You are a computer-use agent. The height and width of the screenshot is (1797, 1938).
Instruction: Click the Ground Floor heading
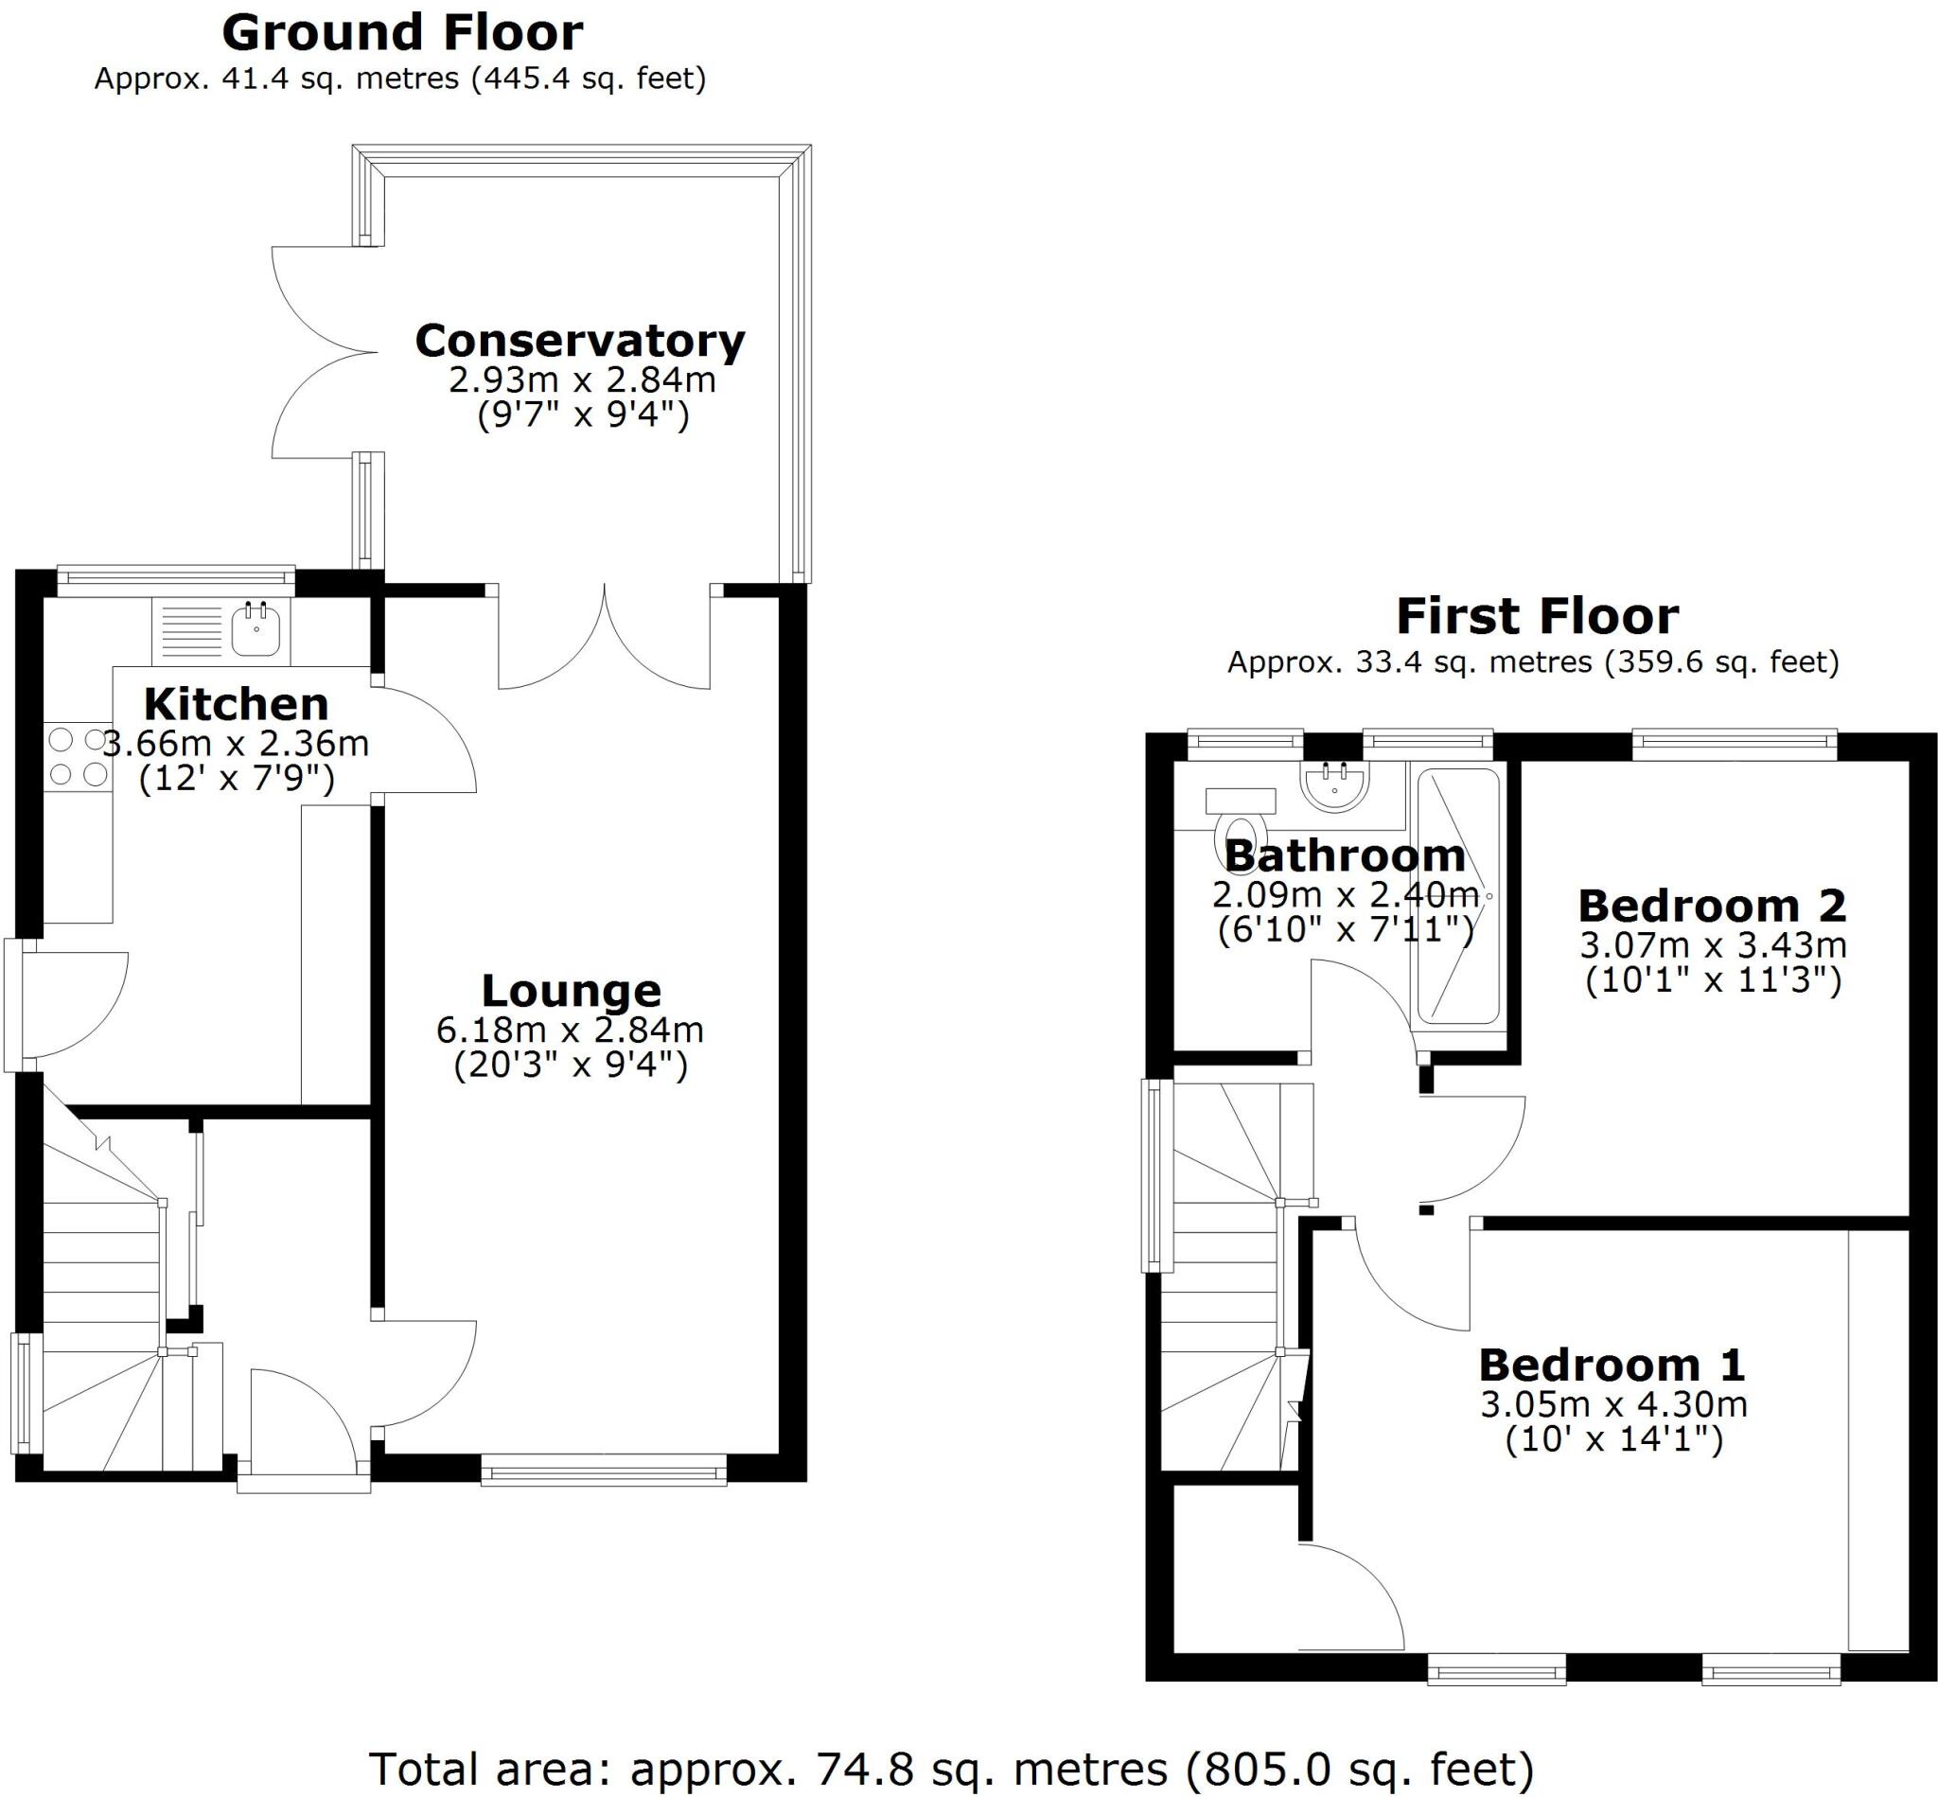pyautogui.click(x=401, y=33)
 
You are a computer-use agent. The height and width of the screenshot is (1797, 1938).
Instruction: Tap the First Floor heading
pyautogui.click(x=1537, y=616)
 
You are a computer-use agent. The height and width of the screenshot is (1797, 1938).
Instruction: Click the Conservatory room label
pyautogui.click(x=579, y=342)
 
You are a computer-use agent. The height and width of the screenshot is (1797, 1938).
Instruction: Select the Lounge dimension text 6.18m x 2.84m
pyautogui.click(x=570, y=1029)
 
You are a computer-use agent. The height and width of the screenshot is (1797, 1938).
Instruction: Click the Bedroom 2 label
pyautogui.click(x=1712, y=907)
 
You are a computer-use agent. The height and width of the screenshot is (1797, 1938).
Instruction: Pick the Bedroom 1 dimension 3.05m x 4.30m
pyautogui.click(x=1613, y=1404)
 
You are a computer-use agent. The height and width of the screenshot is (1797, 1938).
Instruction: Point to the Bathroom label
pyautogui.click(x=1344, y=855)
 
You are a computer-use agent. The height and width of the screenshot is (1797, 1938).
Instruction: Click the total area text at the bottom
pyautogui.click(x=951, y=1770)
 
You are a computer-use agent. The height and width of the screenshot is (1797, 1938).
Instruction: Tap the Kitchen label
pyautogui.click(x=237, y=704)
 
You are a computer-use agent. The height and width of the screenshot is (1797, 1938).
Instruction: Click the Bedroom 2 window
pyautogui.click(x=1734, y=746)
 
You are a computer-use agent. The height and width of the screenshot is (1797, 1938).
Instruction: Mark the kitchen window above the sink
pyautogui.click(x=175, y=580)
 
